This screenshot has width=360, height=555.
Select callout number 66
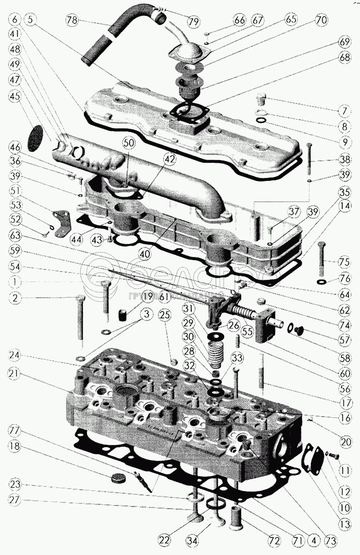click(240, 21)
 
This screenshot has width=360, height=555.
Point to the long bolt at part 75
click(321, 259)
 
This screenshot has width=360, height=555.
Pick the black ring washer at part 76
click(322, 282)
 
